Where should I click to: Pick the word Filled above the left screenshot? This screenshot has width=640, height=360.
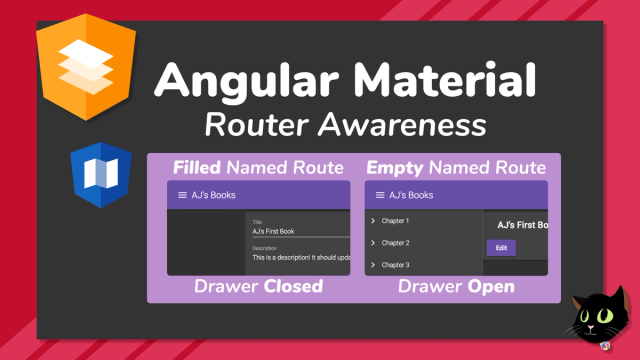click(197, 168)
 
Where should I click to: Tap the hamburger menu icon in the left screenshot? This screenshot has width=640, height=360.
click(182, 195)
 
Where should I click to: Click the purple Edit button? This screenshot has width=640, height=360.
click(501, 248)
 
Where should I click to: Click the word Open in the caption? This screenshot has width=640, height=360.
click(491, 287)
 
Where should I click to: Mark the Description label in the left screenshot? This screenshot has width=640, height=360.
click(264, 248)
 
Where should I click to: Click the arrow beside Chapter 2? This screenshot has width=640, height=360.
click(373, 242)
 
